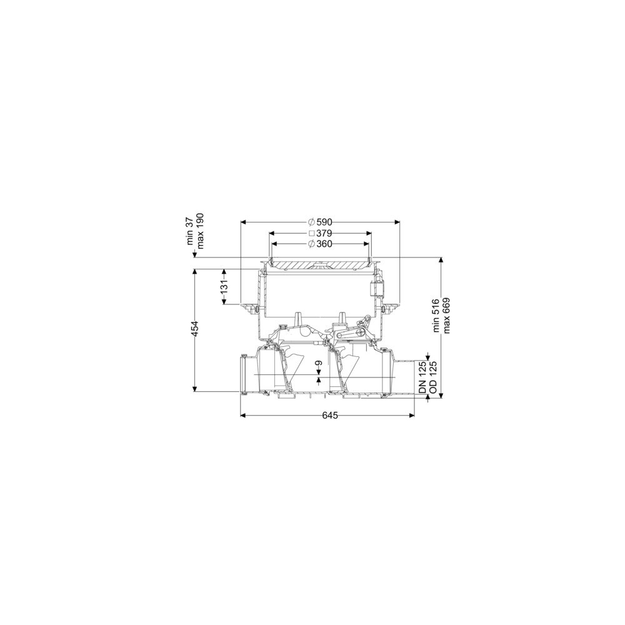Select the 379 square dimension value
coord(324,233)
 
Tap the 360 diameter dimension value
coord(324,244)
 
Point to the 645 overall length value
coord(329,416)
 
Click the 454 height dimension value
coord(195,329)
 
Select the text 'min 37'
coord(190,232)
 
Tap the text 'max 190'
coord(199,231)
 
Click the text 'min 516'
coord(436,315)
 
